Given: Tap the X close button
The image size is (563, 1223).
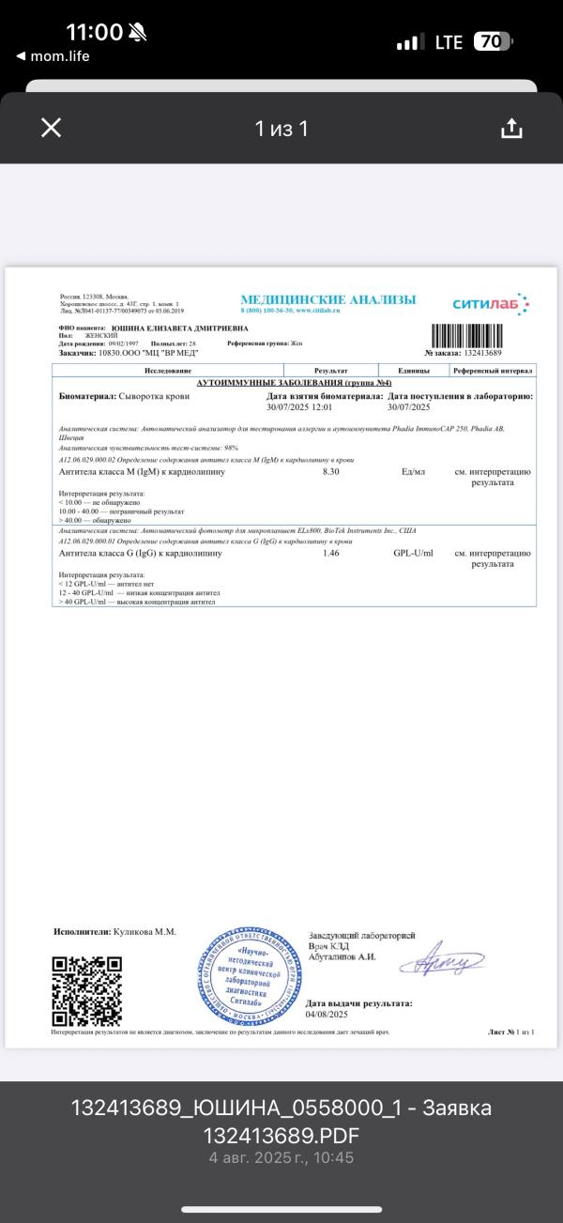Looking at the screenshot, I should point(52,129).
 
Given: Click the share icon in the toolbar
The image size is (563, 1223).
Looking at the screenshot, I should point(511,129).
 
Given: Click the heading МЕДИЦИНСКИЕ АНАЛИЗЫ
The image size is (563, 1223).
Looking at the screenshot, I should point(327,299).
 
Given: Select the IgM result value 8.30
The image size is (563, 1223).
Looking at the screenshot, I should point(330,471).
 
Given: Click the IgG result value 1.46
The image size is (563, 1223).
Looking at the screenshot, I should point(330,554).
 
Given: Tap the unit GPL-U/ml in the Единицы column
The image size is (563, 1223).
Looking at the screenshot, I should point(413,554).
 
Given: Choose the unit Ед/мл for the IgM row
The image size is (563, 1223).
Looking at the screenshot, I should point(413,471).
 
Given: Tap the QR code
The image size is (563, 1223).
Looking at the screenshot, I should point(86,990).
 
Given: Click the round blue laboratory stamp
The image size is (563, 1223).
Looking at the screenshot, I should point(248,976).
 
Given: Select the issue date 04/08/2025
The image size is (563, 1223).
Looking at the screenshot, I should point(327,1015).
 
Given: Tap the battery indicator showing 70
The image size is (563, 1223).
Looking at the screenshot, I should point(493,41).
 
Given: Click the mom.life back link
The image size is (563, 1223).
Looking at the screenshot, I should point(53,56).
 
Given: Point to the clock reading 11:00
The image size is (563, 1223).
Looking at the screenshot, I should point(94,32).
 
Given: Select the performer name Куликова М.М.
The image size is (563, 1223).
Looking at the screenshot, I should point(145,932).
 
